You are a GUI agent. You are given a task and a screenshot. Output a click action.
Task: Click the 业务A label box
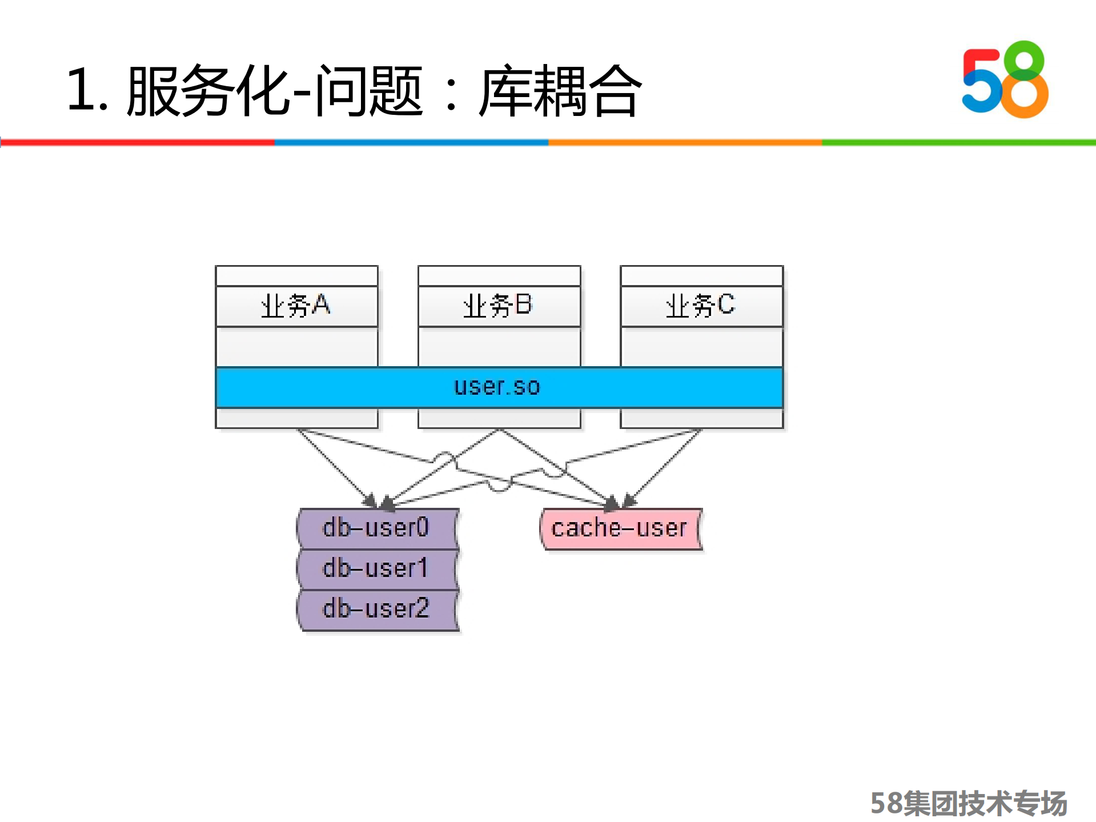pyautogui.click(x=296, y=306)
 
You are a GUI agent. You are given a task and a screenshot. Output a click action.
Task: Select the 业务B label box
pyautogui.click(x=499, y=306)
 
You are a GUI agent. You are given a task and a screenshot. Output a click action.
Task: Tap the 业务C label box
pyautogui.click(x=701, y=306)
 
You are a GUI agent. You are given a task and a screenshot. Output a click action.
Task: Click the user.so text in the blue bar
pyautogui.click(x=497, y=387)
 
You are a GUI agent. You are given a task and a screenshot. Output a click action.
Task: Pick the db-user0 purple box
pyautogui.click(x=377, y=528)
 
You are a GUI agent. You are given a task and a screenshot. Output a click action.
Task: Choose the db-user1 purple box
pyautogui.click(x=377, y=569)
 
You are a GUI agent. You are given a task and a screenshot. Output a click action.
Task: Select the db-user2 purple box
pyautogui.click(x=377, y=609)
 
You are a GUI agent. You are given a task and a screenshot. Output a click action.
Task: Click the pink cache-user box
pyautogui.click(x=620, y=528)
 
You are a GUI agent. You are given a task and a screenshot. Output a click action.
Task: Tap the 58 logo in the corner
pyautogui.click(x=1005, y=80)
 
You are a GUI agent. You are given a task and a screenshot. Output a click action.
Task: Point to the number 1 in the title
pyautogui.click(x=80, y=90)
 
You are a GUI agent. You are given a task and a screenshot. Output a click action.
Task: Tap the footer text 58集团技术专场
pyautogui.click(x=969, y=803)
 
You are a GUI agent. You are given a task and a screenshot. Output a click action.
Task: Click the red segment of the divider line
pyautogui.click(x=137, y=142)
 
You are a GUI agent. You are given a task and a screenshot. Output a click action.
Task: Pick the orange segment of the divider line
pyautogui.click(x=685, y=142)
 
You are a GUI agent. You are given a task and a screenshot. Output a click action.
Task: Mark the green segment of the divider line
pyautogui.click(x=959, y=142)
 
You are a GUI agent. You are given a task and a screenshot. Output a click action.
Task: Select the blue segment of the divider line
pyautogui.click(x=411, y=142)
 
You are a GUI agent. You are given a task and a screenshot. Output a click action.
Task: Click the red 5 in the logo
pyautogui.click(x=979, y=80)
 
